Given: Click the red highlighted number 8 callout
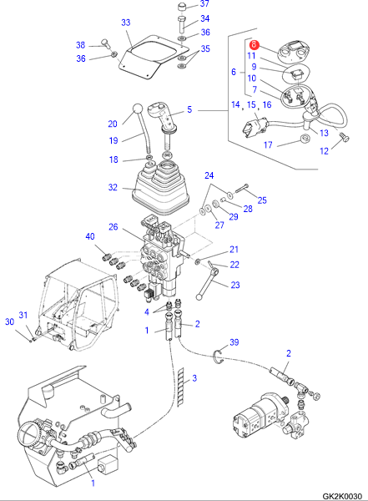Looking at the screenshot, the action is click(254, 44).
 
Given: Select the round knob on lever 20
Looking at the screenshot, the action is click(138, 109).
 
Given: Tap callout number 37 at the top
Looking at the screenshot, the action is click(204, 3).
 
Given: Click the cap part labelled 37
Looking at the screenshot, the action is click(184, 8).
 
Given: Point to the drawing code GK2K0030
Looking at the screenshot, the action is click(342, 496).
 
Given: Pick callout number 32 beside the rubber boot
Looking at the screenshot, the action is click(113, 187).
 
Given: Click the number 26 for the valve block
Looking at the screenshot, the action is click(113, 227).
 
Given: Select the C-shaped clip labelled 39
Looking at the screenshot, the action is click(218, 357).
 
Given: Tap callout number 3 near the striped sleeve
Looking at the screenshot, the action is click(194, 378).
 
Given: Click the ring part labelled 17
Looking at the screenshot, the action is click(306, 139).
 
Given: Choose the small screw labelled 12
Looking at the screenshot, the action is click(345, 137).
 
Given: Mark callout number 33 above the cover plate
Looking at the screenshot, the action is click(126, 23).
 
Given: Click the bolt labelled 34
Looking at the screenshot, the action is click(183, 24).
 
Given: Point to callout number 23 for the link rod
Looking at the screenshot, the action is click(235, 285).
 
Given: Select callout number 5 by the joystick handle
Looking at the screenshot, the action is click(189, 109).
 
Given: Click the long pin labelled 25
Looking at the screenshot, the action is click(242, 189).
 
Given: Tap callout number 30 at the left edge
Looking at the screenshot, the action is click(9, 321).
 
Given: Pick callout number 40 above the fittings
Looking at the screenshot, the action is click(90, 236).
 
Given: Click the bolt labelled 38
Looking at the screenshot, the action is click(105, 44).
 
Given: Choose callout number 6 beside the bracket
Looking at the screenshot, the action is click(234, 72).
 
